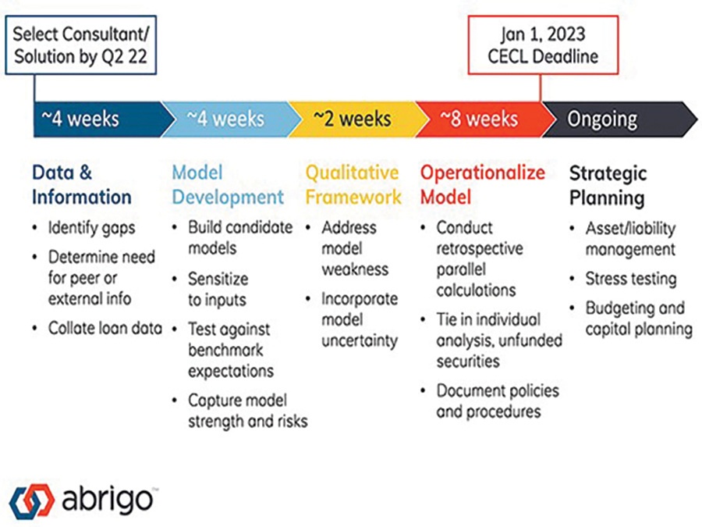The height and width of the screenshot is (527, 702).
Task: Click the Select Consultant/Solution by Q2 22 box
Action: click(80, 45)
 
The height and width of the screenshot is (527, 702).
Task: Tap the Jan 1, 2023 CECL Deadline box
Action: click(543, 45)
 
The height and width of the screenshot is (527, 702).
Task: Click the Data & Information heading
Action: click(81, 184)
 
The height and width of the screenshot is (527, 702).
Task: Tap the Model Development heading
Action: click(228, 184)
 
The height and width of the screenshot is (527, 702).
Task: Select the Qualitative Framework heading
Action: click(353, 184)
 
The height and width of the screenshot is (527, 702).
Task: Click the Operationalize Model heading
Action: click(483, 184)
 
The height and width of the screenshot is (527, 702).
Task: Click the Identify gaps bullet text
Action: click(91, 228)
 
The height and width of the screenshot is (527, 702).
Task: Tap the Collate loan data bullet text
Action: click(105, 328)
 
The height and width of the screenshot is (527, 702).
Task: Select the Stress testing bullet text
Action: click(631, 279)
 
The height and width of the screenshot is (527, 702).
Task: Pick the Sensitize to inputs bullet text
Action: click(218, 289)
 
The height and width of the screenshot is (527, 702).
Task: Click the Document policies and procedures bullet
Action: click(498, 401)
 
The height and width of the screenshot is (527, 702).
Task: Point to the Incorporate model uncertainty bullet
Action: click(360, 319)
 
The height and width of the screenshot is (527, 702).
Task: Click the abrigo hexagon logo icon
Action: click(32, 500)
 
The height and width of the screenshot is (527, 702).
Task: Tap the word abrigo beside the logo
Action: click(108, 499)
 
